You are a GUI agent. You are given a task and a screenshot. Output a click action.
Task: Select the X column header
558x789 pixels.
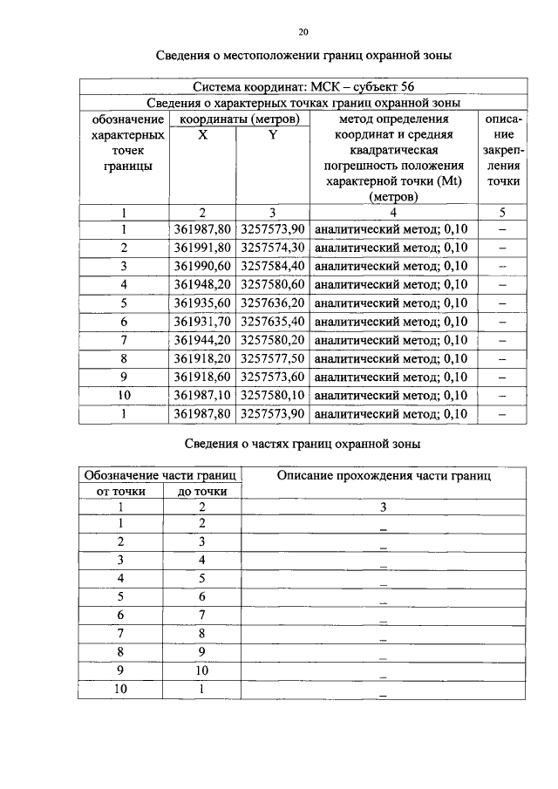click(202, 135)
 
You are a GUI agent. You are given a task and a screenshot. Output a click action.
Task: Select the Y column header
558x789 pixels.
click(272, 135)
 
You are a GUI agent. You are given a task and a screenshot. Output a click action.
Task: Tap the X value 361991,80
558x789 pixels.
click(202, 248)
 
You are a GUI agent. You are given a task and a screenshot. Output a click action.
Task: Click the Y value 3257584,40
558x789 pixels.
click(272, 266)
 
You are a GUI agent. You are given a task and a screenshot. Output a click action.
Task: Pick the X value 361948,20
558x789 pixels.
click(202, 284)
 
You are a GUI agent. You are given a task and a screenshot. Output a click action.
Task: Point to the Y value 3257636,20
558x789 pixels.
click(272, 303)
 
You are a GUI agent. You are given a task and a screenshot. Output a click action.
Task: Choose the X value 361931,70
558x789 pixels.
click(202, 321)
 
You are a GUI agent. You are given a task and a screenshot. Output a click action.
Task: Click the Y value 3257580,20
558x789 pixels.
click(272, 339)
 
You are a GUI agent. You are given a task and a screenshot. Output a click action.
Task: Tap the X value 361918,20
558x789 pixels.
click(202, 357)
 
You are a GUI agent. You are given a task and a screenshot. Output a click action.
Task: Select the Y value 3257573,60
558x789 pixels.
click(272, 377)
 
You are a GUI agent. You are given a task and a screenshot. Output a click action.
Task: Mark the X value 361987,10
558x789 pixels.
click(202, 395)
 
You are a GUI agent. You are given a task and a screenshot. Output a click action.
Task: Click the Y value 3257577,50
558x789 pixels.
click(272, 357)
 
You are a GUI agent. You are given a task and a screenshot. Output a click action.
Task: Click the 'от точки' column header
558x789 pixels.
click(120, 492)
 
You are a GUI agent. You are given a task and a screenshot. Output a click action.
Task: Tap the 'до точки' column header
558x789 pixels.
click(202, 492)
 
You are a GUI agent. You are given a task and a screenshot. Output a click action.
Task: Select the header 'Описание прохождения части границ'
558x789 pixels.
click(384, 476)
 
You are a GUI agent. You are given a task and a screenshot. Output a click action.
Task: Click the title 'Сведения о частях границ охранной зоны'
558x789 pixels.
click(303, 444)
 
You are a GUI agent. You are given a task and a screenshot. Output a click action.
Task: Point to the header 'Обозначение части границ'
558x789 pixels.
click(160, 475)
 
